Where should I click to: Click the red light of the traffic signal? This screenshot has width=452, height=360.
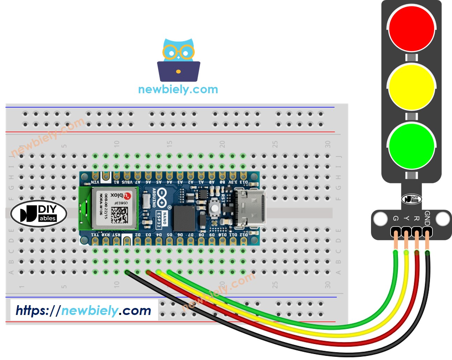(411, 28)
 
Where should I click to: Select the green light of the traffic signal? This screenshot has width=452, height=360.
(411, 146)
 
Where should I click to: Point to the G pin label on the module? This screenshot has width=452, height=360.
(395, 218)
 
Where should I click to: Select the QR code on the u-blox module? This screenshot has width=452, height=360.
(119, 215)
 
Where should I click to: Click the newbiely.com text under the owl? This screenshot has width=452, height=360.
(178, 89)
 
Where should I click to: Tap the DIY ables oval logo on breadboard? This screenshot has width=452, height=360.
(39, 213)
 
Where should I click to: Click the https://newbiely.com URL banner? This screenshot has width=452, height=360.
(84, 310)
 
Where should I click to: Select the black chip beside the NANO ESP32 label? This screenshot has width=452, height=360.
(184, 218)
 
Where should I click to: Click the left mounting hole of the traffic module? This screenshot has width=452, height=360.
(380, 219)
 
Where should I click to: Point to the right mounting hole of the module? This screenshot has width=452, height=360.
(443, 219)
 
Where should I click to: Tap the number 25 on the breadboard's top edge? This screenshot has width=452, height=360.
(275, 144)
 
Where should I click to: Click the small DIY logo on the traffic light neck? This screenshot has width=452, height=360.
(412, 199)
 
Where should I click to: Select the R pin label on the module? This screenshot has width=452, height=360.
(416, 218)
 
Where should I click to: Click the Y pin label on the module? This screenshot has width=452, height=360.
(406, 218)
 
